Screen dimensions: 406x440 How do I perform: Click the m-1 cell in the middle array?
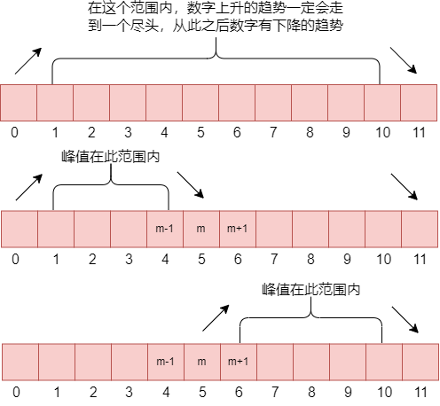point(165,229)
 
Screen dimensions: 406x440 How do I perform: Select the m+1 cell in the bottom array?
point(238,362)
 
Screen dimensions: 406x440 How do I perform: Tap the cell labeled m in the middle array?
point(201,229)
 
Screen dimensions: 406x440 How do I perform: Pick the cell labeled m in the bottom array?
point(201,362)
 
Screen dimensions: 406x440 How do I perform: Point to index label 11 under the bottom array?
point(420,390)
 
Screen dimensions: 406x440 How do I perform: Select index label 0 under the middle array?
point(15,260)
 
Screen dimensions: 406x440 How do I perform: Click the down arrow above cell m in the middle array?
point(190,185)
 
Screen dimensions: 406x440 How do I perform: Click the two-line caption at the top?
point(216,18)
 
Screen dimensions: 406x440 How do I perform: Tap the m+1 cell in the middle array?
point(238,229)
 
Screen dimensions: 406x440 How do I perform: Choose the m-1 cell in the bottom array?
point(165,362)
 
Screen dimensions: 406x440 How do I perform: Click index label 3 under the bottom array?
point(129,390)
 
